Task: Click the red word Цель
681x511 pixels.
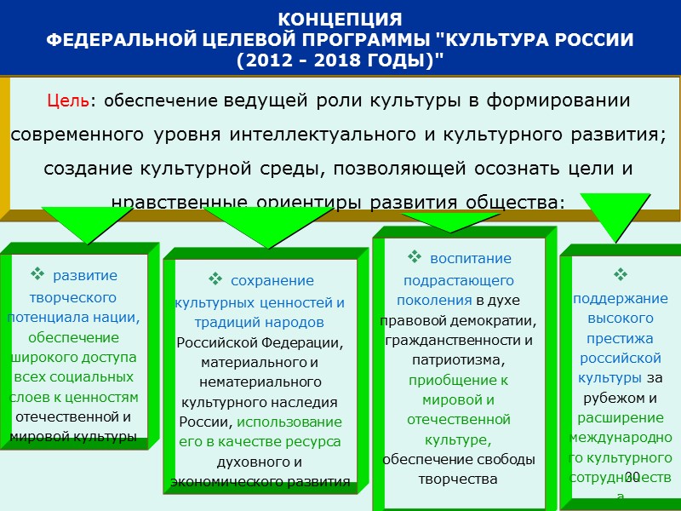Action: point(68,100)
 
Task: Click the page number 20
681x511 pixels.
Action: point(632,476)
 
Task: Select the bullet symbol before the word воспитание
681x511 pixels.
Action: point(415,256)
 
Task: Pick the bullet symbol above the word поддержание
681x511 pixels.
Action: point(620,274)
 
